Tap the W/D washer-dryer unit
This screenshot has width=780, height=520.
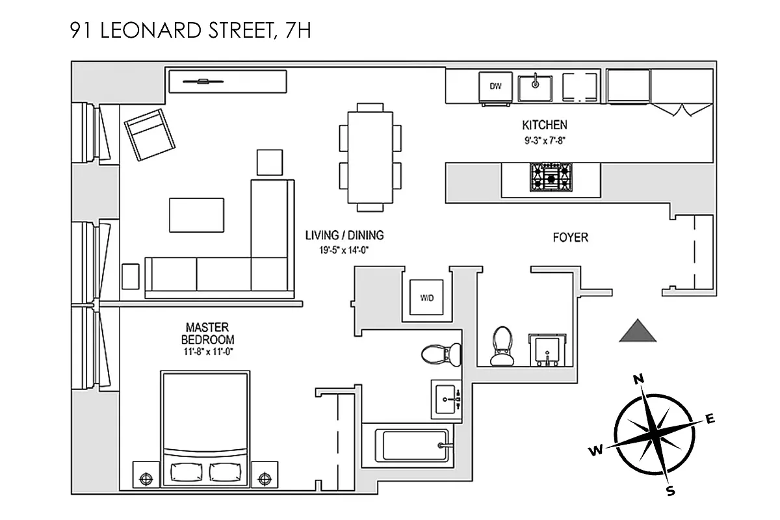[426, 298]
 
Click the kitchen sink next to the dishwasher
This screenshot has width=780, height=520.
[536, 86]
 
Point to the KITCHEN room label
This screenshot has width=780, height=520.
[545, 125]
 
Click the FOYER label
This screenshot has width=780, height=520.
[570, 238]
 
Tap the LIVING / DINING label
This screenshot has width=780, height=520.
[344, 235]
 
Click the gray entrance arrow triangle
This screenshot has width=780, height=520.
[638, 331]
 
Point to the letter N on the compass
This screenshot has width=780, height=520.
[638, 379]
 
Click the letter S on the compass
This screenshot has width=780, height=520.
[671, 491]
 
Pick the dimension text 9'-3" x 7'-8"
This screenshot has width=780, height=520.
[545, 139]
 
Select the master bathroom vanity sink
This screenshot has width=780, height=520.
[447, 399]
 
